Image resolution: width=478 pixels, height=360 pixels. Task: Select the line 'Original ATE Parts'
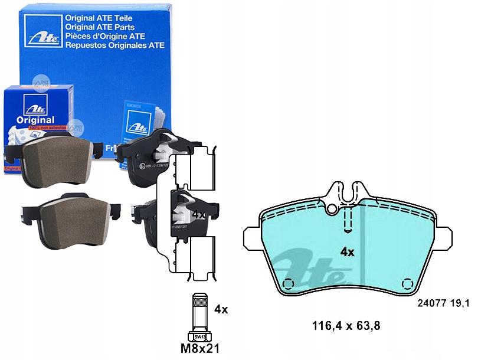(x=99, y=27)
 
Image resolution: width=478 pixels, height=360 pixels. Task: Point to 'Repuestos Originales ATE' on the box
(x=114, y=45)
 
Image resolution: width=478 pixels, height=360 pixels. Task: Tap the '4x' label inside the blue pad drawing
(x=347, y=252)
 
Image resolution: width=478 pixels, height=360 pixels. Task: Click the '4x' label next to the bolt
(x=221, y=309)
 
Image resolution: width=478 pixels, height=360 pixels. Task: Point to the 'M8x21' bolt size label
(x=199, y=348)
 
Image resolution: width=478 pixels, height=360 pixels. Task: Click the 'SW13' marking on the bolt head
(x=199, y=337)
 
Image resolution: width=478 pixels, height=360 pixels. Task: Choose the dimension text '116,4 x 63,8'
(x=345, y=325)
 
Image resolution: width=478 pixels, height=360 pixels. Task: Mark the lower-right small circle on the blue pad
(x=406, y=283)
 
